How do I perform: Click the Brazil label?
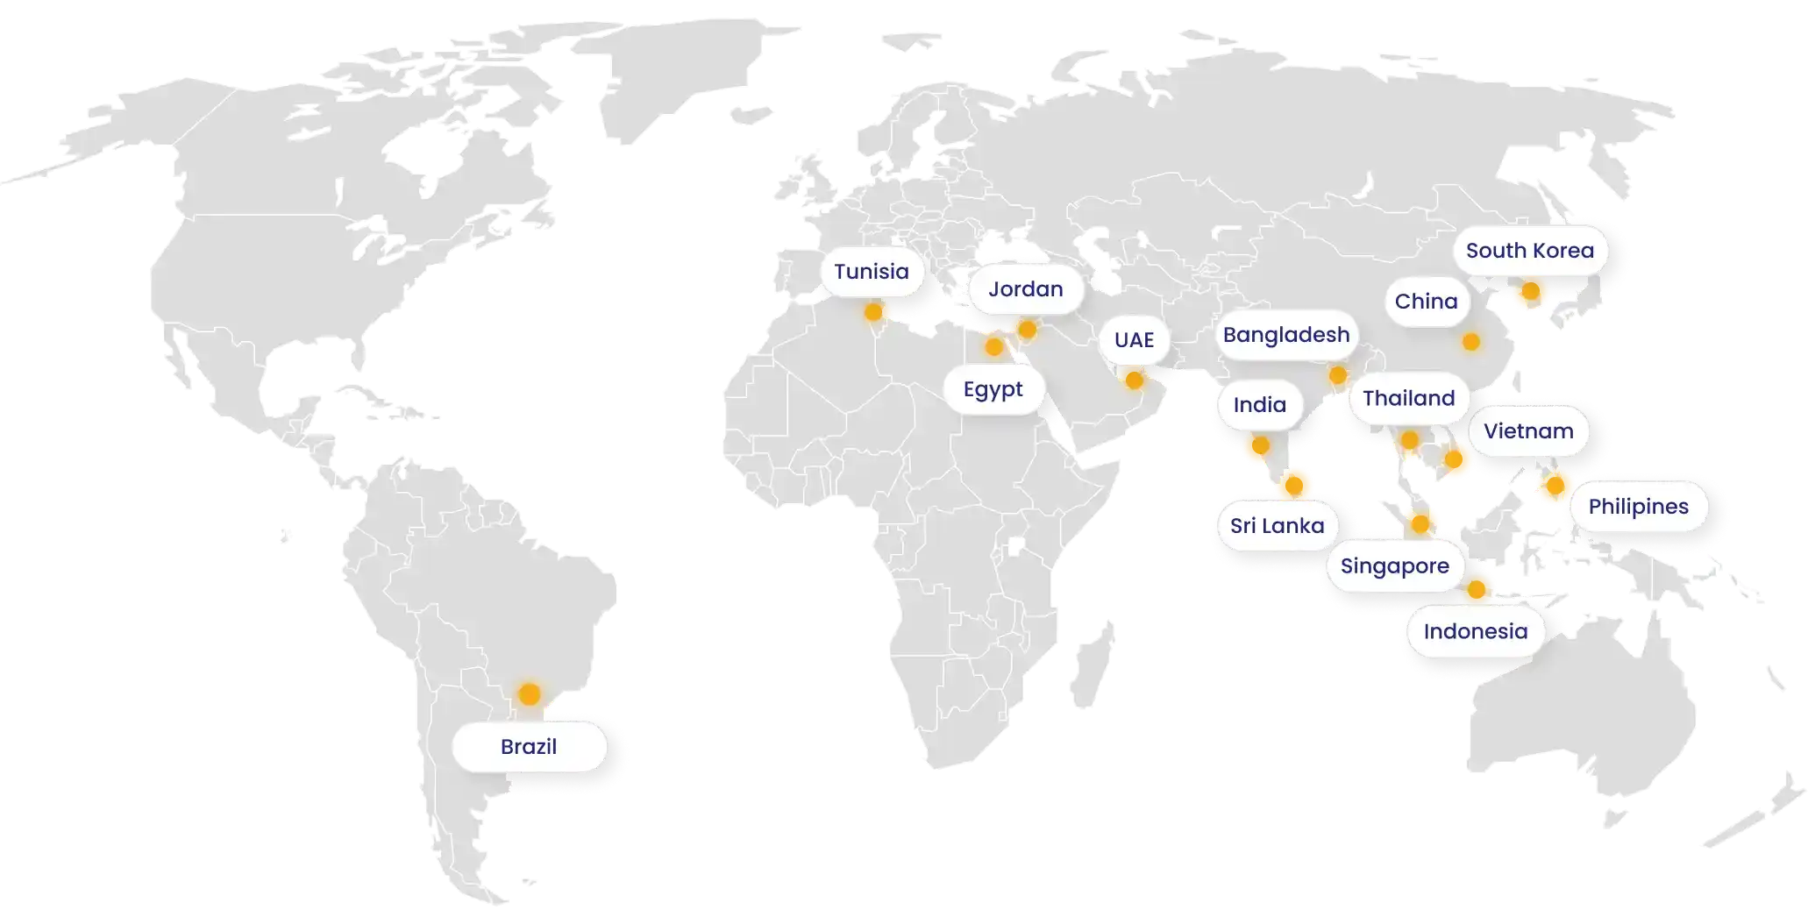coord(529,747)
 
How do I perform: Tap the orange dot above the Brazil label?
coord(529,694)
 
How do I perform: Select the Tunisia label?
coord(871,272)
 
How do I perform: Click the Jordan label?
coord(1025,289)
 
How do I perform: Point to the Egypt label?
coord(993,389)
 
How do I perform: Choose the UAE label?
coord(1134,340)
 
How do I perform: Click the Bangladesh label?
coord(1285,335)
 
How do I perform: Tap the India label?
coord(1259,405)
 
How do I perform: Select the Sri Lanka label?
coord(1277,526)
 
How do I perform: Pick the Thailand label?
coord(1408,399)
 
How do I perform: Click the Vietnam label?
coord(1528,431)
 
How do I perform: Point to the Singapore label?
coord(1394,566)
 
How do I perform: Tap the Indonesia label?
coord(1475,631)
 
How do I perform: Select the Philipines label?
coord(1638,507)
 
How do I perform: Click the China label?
coord(1426,302)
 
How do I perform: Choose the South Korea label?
coord(1529,251)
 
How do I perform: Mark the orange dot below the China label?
coord(1470,342)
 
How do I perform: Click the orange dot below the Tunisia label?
coord(873,312)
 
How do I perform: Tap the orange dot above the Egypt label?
coord(993,347)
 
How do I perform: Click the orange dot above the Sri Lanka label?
coord(1295,481)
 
